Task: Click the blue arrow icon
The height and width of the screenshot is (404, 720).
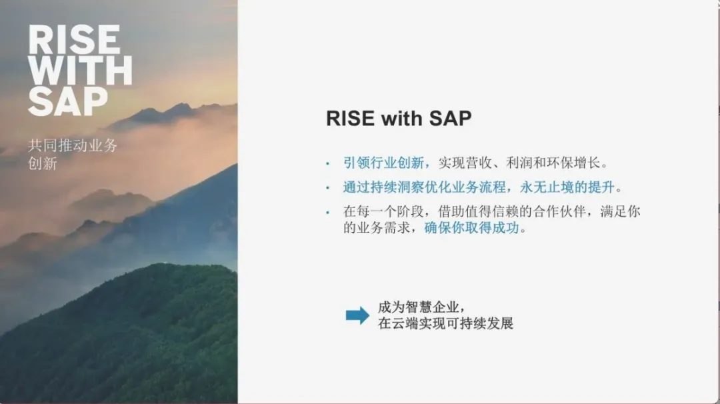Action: [357, 315]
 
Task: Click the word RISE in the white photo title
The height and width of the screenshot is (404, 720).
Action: [75, 41]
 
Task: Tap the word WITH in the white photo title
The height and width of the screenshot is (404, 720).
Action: [81, 71]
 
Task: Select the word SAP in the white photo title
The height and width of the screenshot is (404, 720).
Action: [68, 101]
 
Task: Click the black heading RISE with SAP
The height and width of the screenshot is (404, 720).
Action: [399, 119]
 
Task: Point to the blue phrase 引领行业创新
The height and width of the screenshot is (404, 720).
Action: [383, 163]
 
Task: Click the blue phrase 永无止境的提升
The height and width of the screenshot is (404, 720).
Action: [567, 187]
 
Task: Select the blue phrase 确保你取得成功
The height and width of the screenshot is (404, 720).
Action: [471, 227]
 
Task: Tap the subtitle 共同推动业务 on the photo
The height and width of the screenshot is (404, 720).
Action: [73, 145]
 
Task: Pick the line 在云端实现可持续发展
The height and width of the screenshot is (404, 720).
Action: [445, 323]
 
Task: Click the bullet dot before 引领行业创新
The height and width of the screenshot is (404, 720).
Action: [327, 163]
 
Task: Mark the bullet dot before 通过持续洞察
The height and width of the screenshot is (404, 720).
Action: [327, 188]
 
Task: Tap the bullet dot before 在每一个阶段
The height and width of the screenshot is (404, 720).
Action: [327, 212]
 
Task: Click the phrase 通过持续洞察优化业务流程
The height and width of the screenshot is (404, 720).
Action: [424, 187]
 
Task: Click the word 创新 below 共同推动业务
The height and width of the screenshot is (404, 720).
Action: [42, 163]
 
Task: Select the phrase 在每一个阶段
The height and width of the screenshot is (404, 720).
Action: [383, 211]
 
